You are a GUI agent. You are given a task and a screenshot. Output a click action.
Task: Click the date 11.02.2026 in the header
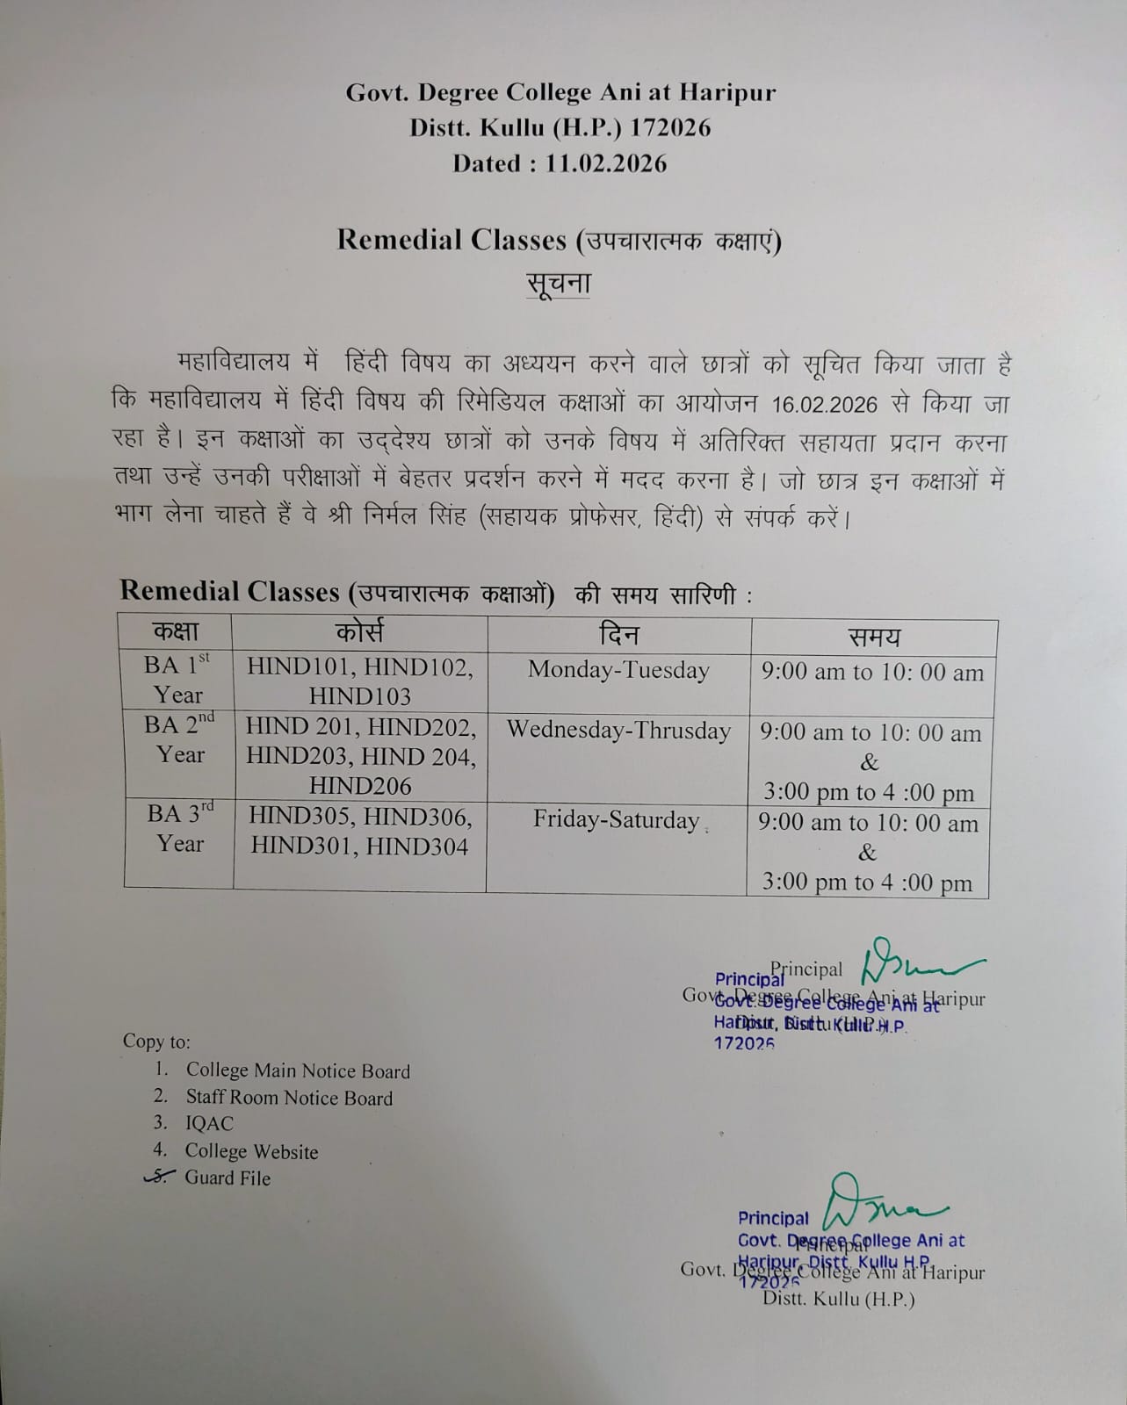click(x=605, y=163)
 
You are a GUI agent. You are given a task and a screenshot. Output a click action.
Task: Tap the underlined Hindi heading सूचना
click(x=558, y=284)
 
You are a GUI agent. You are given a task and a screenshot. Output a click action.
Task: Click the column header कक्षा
click(x=177, y=631)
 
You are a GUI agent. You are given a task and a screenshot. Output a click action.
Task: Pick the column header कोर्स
click(x=359, y=632)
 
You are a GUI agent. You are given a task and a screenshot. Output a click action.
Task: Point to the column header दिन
click(x=618, y=634)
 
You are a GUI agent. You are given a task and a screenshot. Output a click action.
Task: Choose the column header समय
click(x=873, y=637)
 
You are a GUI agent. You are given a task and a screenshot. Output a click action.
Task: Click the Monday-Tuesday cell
click(x=618, y=670)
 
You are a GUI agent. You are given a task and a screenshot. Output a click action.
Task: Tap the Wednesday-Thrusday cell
click(x=618, y=731)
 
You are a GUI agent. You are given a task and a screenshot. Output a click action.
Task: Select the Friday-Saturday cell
click(x=616, y=820)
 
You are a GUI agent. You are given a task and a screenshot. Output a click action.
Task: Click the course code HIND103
click(x=359, y=696)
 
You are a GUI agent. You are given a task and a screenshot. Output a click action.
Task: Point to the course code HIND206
click(x=359, y=786)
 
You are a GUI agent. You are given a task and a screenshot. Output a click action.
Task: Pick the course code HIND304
click(x=416, y=847)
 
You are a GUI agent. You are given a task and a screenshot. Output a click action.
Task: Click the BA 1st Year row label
click(x=177, y=680)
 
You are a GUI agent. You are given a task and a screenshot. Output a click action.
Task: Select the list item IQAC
click(x=209, y=1123)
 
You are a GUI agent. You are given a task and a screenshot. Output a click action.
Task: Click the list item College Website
click(x=251, y=1151)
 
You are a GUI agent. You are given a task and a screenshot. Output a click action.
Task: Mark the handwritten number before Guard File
click(x=158, y=1178)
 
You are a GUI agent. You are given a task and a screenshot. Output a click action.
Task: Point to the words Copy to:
click(x=156, y=1041)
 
